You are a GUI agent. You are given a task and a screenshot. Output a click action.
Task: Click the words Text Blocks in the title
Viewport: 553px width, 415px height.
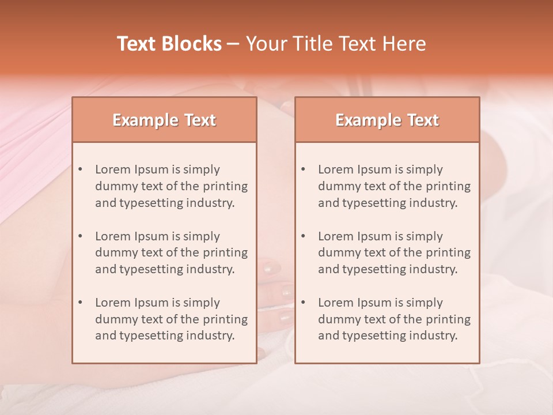point(169,44)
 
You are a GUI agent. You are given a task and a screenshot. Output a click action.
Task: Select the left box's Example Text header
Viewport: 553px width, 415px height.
point(164,120)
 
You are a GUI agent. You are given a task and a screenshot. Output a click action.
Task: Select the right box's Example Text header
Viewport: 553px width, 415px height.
point(387,120)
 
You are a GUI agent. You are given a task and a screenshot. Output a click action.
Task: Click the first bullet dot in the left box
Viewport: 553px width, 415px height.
point(80,169)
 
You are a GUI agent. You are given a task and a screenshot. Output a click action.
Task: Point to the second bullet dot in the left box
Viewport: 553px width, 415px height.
point(80,236)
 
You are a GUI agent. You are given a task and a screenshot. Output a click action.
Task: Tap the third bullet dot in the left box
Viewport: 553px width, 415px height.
point(80,303)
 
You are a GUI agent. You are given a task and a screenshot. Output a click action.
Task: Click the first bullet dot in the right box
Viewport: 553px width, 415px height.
point(303,169)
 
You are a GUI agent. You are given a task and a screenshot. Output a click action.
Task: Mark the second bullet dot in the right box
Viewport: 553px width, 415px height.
point(303,236)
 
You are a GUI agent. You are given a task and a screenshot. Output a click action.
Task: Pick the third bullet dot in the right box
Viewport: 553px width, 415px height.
point(303,303)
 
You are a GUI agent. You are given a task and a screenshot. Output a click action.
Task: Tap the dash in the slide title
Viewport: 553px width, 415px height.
point(233,44)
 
